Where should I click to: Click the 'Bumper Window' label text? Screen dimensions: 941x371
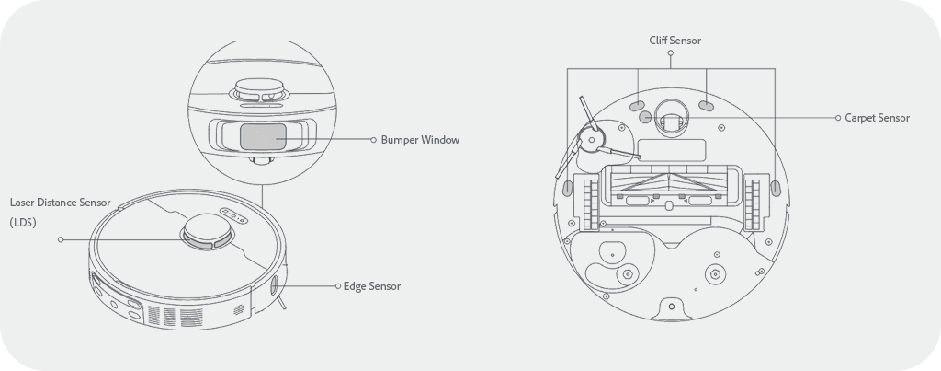(x=420, y=140)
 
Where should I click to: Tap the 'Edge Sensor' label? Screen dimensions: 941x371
(x=372, y=286)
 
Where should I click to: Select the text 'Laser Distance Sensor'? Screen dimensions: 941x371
(x=60, y=203)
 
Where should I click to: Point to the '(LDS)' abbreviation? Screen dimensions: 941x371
(x=23, y=223)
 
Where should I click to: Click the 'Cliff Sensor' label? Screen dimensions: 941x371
(x=675, y=41)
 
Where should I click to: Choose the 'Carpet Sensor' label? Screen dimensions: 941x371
(x=878, y=118)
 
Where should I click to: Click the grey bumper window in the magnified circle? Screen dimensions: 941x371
(x=263, y=136)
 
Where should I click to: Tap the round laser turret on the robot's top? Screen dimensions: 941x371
(x=209, y=231)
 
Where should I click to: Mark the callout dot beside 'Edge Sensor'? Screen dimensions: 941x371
(x=338, y=286)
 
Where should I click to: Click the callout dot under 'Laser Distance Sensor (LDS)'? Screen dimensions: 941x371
(x=61, y=240)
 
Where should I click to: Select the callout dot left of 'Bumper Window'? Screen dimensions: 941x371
(x=373, y=140)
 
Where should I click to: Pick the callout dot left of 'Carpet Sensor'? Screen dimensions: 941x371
(x=838, y=118)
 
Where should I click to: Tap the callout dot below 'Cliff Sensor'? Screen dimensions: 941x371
(x=670, y=52)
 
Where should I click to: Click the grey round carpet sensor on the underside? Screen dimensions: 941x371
(x=645, y=117)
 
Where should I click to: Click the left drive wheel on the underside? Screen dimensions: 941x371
(x=591, y=204)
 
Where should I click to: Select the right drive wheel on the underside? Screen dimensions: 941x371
(x=752, y=204)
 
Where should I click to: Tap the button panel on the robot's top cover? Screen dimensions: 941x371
(x=232, y=215)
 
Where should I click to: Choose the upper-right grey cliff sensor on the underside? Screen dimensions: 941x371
(x=707, y=106)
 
